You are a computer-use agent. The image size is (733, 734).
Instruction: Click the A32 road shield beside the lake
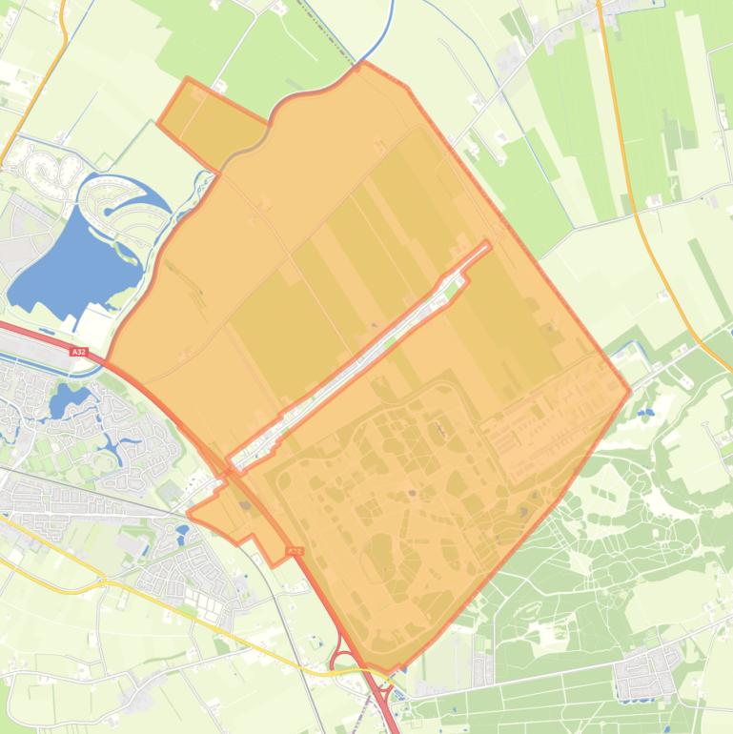click(x=78, y=352)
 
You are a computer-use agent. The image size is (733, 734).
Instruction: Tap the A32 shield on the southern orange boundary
click(x=295, y=551)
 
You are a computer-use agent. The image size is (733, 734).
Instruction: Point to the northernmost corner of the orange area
click(x=363, y=64)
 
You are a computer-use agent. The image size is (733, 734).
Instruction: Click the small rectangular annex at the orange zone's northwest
click(x=212, y=121)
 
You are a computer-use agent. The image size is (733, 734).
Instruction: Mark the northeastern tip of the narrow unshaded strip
click(x=488, y=245)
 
